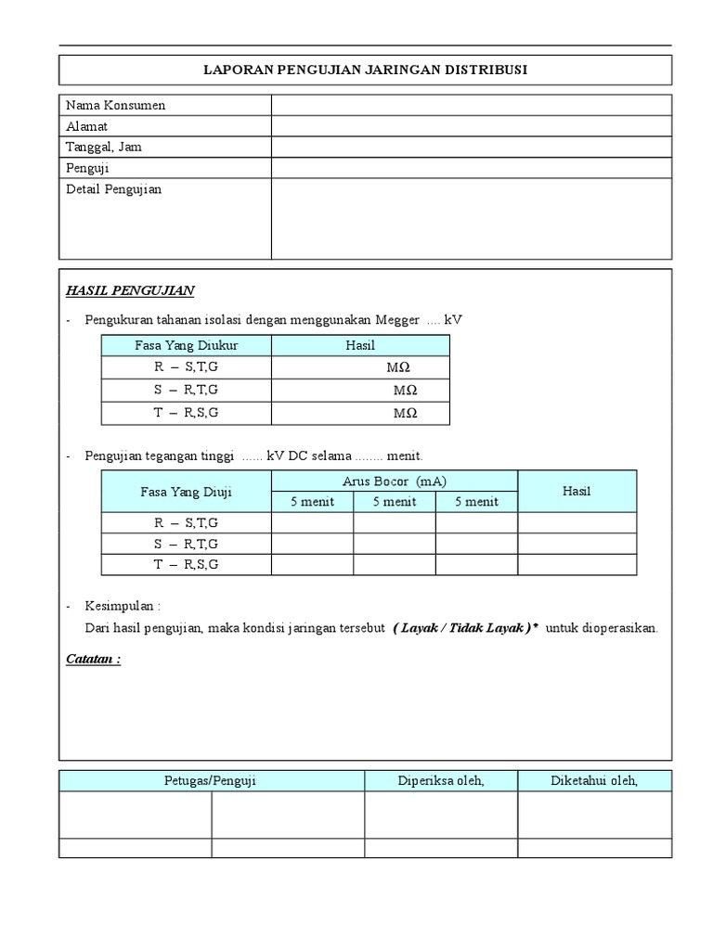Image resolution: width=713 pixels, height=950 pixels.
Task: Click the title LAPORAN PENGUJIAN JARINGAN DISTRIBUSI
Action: (x=365, y=71)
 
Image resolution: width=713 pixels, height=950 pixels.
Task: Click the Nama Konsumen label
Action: (x=116, y=106)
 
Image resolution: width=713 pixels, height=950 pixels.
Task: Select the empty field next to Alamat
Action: (x=471, y=126)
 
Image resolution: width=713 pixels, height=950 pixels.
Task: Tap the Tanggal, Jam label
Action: (x=104, y=147)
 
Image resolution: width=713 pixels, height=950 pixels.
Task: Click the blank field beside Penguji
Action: (x=471, y=168)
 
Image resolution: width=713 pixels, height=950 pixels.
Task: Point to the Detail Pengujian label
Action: (x=114, y=189)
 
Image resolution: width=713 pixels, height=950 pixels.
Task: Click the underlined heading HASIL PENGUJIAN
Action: (x=130, y=290)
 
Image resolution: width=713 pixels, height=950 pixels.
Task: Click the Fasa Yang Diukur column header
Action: (x=187, y=345)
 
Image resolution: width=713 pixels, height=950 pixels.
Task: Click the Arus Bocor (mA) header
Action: (x=394, y=481)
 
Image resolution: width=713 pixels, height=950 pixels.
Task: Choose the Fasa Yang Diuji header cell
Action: (x=187, y=492)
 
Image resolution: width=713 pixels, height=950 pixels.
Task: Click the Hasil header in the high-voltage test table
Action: (x=577, y=492)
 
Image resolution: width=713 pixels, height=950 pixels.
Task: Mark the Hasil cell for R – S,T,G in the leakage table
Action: (x=577, y=523)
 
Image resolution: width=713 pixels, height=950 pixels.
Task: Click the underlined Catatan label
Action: (x=94, y=660)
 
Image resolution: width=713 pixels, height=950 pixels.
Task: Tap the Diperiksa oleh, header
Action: (x=441, y=781)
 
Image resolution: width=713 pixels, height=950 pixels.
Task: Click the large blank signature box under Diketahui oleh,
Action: (x=594, y=815)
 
